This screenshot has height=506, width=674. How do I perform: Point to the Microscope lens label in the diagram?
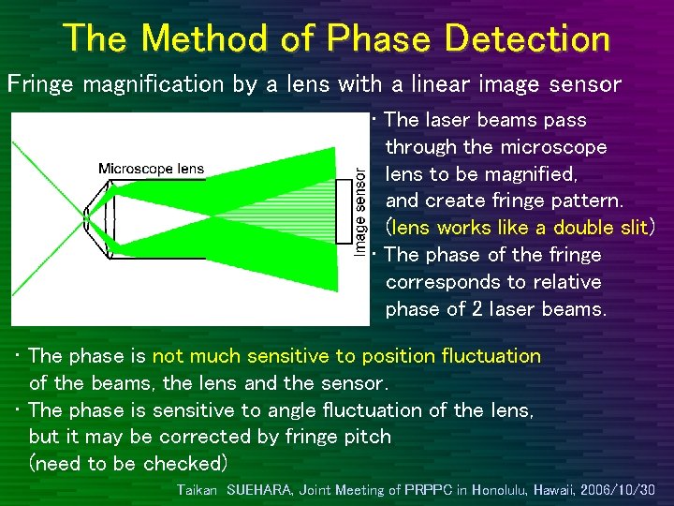151,170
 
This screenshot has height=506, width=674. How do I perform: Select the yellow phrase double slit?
601,228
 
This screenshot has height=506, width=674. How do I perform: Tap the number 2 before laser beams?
477,309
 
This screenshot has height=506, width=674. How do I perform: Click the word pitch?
369,437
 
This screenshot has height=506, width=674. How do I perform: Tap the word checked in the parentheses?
184,464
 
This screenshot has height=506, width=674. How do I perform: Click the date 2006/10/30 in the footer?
616,490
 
